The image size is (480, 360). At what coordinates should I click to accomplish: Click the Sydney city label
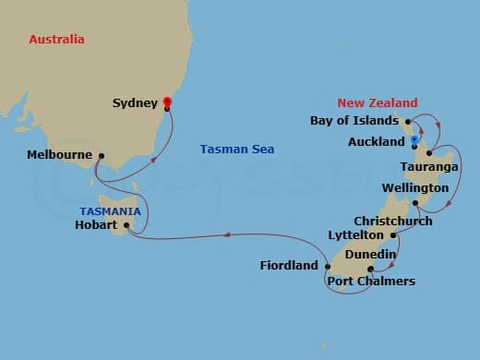[x=135, y=103]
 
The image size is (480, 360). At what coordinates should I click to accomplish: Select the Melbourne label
[x=60, y=154]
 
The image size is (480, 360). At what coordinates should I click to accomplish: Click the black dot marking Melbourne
[x=101, y=156]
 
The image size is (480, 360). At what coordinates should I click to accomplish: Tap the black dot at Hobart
[x=126, y=223]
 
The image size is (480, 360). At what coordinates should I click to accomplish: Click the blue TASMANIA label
[x=109, y=211]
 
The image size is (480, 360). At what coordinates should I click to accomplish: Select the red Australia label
[x=56, y=40]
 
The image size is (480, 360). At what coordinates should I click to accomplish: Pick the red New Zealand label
[x=377, y=103]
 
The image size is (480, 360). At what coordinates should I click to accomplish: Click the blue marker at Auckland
[x=414, y=140]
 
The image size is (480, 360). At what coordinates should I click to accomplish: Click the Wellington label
[x=414, y=188]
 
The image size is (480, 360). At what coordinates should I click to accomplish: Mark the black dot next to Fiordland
[x=328, y=267]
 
